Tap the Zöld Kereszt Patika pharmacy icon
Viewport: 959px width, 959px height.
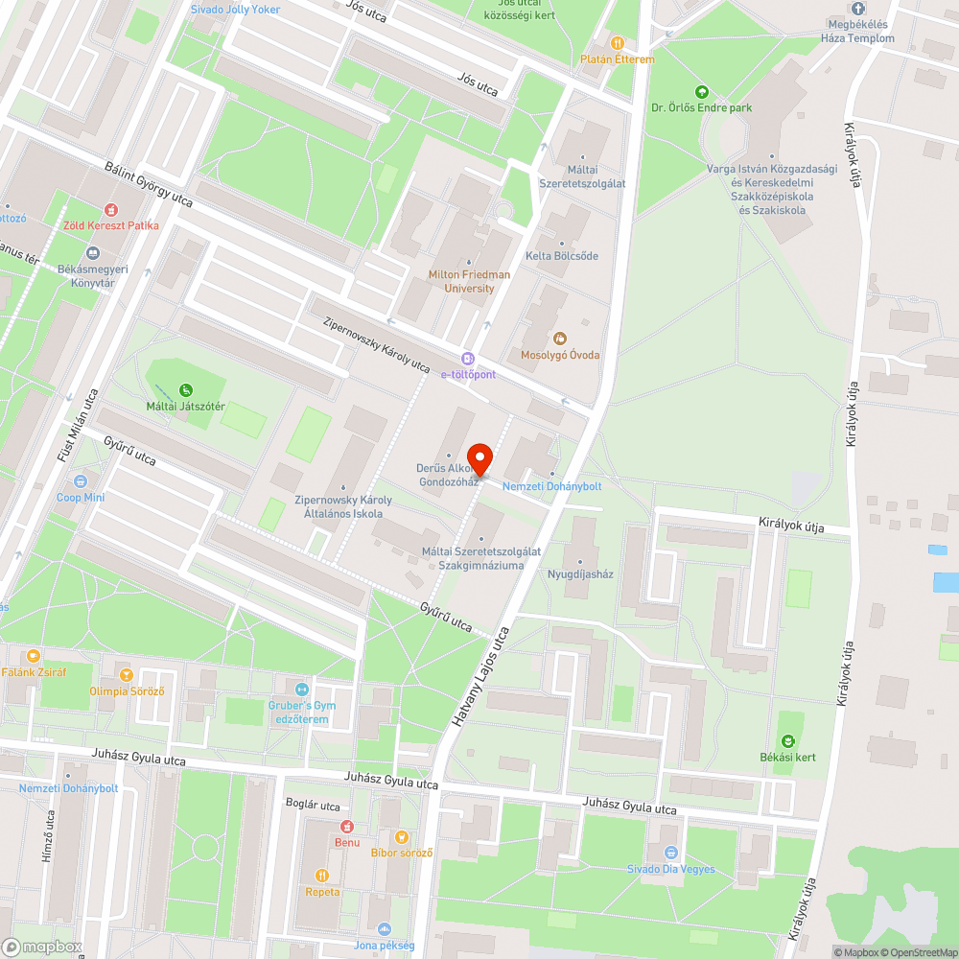tap(110, 210)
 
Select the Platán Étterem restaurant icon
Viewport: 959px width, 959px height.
tap(618, 43)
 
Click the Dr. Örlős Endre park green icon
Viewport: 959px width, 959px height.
tap(701, 92)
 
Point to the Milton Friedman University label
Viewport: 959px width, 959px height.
tap(469, 281)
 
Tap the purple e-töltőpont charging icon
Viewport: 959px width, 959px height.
tap(467, 358)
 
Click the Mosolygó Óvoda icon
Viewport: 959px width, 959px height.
tap(559, 338)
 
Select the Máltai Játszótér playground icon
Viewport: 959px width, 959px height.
tap(186, 389)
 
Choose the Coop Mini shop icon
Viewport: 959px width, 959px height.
tap(80, 481)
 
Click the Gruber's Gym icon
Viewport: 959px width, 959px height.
tap(302, 689)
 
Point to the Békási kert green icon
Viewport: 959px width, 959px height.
tap(787, 740)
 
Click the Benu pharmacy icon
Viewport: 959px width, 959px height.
tap(347, 827)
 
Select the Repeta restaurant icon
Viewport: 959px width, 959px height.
tap(322, 875)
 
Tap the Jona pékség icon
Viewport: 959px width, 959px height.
tap(384, 928)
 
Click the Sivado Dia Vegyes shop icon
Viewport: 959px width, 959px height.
tap(670, 853)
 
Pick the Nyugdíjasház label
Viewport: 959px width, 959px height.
tap(580, 574)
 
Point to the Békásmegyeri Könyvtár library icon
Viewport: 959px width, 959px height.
tap(93, 253)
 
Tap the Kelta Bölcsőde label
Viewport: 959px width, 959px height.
tap(562, 256)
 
